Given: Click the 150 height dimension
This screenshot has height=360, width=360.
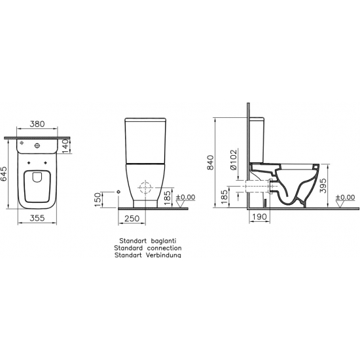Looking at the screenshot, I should [99, 199].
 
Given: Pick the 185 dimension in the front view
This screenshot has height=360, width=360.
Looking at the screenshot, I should [168, 196].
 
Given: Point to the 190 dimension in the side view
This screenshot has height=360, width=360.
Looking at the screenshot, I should [260, 217].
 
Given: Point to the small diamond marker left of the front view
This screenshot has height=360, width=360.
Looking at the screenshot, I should [118, 190].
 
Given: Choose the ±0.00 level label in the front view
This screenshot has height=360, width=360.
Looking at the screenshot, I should [186, 197].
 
